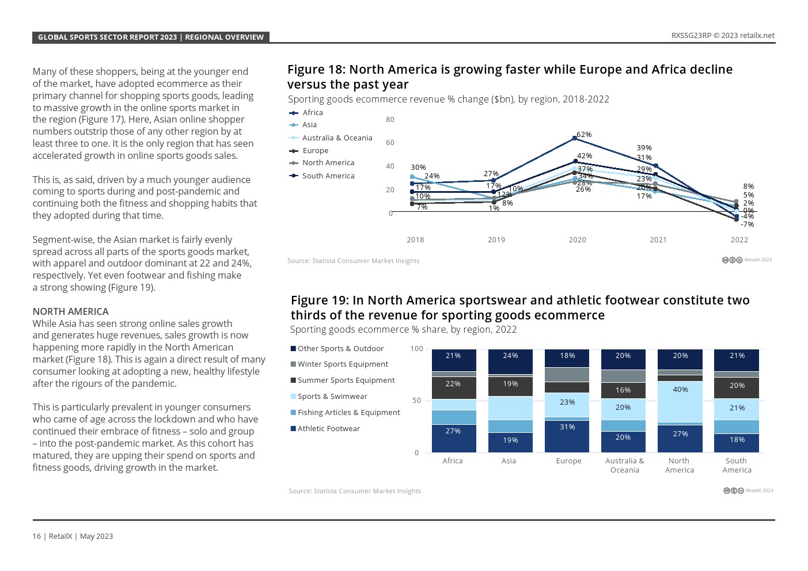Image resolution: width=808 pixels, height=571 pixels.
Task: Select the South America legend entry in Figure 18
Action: click(x=328, y=176)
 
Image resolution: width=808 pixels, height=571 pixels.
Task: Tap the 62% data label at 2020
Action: click(x=584, y=135)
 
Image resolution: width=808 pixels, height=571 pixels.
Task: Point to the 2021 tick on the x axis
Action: click(x=658, y=240)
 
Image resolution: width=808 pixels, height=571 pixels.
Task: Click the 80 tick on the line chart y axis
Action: click(x=390, y=120)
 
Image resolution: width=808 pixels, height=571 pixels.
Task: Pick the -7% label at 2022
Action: click(x=747, y=224)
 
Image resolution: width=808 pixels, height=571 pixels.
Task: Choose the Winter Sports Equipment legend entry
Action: click(x=342, y=364)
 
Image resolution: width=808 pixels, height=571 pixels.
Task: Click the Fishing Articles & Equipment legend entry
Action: click(x=348, y=413)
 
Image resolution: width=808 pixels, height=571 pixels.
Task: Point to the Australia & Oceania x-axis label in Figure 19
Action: click(x=624, y=465)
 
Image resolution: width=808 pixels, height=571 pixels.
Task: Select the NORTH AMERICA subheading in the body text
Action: click(x=70, y=311)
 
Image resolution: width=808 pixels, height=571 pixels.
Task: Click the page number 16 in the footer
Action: click(x=36, y=536)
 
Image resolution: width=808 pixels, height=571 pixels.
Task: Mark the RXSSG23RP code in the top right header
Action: click(x=691, y=36)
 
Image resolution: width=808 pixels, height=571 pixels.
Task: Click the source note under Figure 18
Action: click(x=353, y=261)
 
